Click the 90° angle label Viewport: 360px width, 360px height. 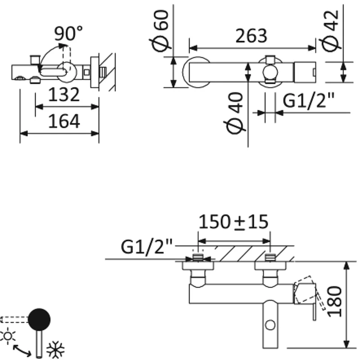pyautogui.click(x=68, y=33)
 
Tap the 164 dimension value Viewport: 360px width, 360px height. pyautogui.click(x=64, y=121)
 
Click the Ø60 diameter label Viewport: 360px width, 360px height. pyautogui.click(x=161, y=30)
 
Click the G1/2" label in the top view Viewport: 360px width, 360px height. pyautogui.click(x=310, y=102)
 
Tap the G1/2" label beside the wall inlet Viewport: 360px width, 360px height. pyautogui.click(x=147, y=247)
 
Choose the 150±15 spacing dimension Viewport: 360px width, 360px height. pyautogui.click(x=234, y=221)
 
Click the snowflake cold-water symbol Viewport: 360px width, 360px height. pyautogui.click(x=56, y=349)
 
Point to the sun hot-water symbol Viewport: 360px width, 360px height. pyautogui.click(x=9, y=335)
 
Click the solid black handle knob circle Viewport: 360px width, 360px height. pyautogui.click(x=39, y=319)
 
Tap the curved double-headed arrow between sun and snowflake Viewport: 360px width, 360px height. pyautogui.click(x=22, y=350)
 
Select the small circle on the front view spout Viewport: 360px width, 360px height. pyautogui.click(x=270, y=324)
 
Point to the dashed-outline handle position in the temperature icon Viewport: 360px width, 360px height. pyautogui.click(x=13, y=319)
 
